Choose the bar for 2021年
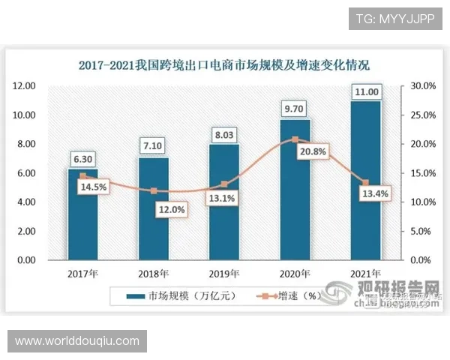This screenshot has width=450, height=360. (365, 187)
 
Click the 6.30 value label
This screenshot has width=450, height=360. (82, 158)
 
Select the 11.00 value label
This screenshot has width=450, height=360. (365, 91)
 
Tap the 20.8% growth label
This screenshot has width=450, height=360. (295, 151)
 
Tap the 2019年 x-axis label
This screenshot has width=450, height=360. (224, 273)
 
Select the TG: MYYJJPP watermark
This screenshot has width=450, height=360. (394, 18)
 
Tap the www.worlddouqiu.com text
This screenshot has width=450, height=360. (77, 340)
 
